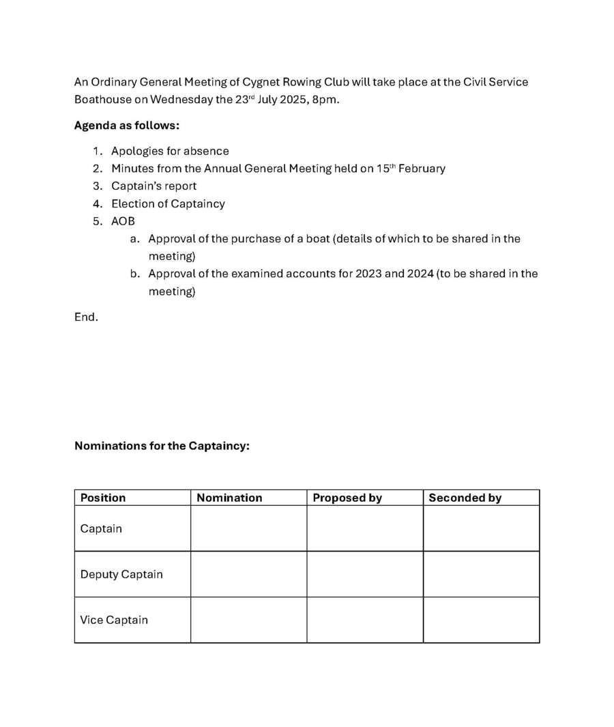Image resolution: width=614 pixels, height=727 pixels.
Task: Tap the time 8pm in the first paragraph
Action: click(325, 100)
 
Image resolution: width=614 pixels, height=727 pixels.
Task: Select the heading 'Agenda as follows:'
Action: click(127, 126)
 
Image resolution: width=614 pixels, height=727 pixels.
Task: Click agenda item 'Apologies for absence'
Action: click(170, 151)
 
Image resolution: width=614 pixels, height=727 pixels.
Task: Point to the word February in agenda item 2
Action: click(422, 169)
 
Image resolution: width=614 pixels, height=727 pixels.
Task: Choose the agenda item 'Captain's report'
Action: click(154, 186)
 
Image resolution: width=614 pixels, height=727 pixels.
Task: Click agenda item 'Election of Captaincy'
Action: click(168, 203)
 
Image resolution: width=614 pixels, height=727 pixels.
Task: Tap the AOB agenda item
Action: click(123, 221)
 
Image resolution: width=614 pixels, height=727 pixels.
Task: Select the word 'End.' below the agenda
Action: click(86, 317)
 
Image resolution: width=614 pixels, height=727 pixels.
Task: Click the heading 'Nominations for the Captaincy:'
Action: click(162, 446)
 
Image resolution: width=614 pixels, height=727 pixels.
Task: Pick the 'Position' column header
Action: click(103, 498)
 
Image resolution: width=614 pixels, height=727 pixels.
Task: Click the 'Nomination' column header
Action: click(229, 498)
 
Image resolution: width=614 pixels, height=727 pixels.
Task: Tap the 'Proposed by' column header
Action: click(347, 498)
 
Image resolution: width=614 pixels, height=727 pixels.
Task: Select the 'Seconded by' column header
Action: click(465, 498)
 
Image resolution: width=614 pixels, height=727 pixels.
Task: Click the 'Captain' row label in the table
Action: click(101, 528)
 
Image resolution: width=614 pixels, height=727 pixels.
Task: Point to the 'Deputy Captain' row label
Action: click(121, 574)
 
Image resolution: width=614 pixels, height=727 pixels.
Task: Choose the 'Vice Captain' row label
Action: click(114, 620)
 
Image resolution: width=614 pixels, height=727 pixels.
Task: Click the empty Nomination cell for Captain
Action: click(248, 528)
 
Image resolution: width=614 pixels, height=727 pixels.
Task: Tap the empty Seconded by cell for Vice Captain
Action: click(481, 620)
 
